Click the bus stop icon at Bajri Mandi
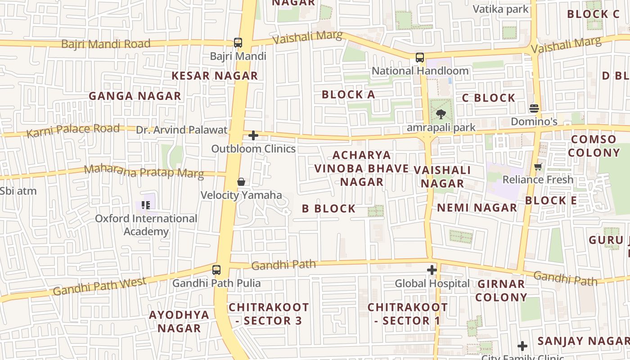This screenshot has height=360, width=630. coord(238,43)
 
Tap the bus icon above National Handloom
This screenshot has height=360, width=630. coord(420,58)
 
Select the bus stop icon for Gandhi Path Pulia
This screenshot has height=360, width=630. coord(216,270)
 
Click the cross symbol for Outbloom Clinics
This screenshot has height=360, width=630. coord(253,135)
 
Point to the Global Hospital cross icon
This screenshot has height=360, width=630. coord(432,270)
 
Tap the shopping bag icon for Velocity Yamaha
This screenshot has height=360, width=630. coord(241,182)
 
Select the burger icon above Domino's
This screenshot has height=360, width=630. coord(534,108)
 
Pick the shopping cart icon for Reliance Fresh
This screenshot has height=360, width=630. coord(538,167)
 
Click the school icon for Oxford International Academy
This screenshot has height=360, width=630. coord(146,205)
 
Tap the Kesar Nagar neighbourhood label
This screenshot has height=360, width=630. coord(215,76)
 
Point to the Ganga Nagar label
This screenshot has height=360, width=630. coord(135,96)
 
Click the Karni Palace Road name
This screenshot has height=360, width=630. coord(73,130)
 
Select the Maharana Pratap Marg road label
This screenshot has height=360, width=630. coord(144,171)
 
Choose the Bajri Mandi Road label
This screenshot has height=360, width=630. coord(106,44)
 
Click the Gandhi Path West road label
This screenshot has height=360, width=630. coord(99,287)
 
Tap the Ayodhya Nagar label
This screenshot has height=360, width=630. coord(179,321)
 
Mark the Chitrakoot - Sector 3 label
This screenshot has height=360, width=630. coord(269,314)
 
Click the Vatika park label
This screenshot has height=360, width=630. coord(500,9)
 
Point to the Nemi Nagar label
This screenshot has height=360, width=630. coord(477,207)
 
